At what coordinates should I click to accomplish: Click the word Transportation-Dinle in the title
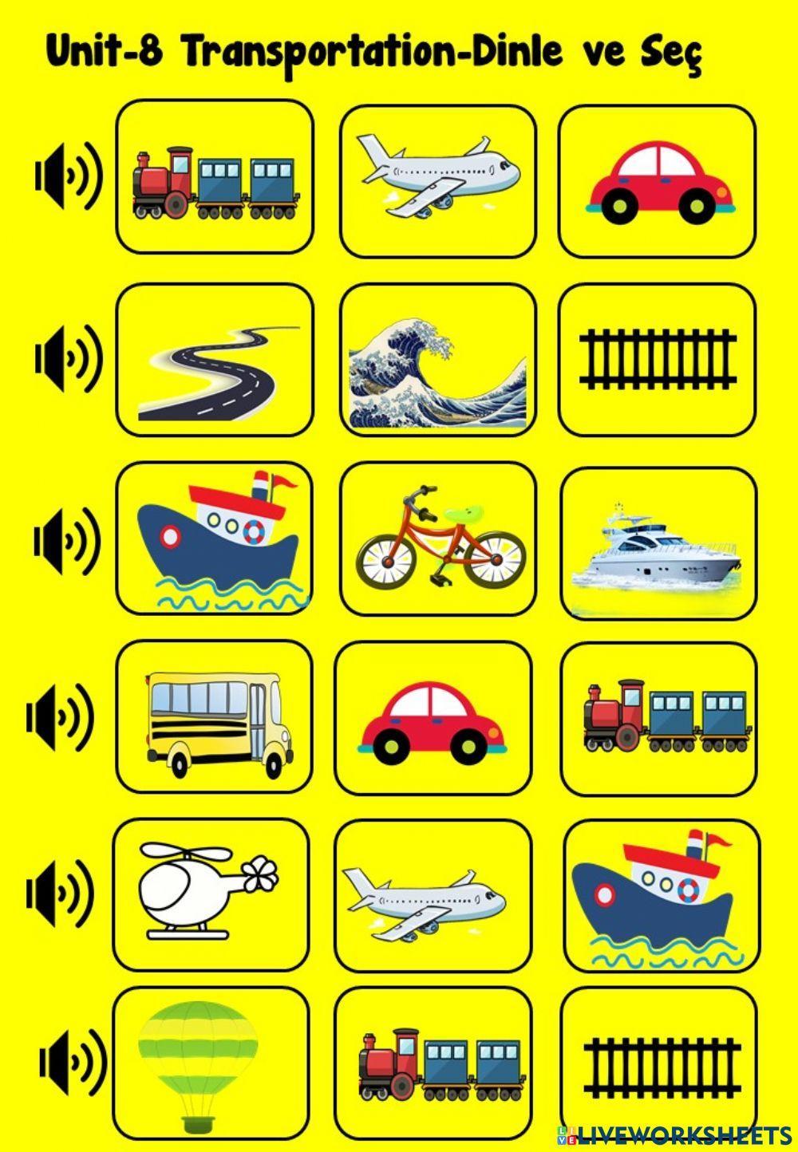click(379, 53)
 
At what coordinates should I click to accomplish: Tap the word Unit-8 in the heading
click(105, 53)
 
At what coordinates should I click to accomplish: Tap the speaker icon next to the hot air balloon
click(73, 1062)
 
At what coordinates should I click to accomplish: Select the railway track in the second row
click(657, 360)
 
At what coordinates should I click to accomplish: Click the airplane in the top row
click(437, 175)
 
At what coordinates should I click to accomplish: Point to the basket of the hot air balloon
click(197, 1125)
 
